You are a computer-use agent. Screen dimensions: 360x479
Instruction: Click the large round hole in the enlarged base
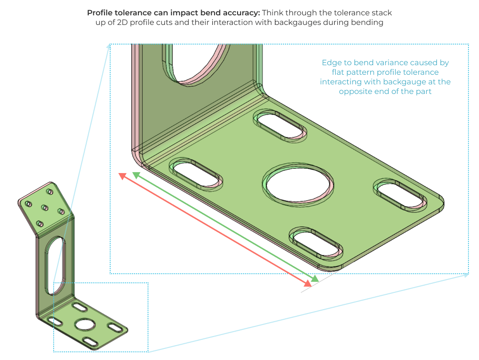tap(298, 184)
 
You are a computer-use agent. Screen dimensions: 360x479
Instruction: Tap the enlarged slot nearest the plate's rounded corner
tap(401, 195)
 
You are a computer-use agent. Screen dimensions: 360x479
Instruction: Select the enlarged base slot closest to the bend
tap(195, 173)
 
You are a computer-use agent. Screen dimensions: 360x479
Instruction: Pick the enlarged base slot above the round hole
tap(280, 125)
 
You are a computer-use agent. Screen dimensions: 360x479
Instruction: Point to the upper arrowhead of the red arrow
tap(122, 176)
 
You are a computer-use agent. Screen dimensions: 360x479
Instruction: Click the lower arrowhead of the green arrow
tap(315, 279)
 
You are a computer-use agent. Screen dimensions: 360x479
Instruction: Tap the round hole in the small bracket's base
tap(85, 324)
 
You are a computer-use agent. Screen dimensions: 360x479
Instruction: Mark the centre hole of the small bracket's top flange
tap(45, 208)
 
